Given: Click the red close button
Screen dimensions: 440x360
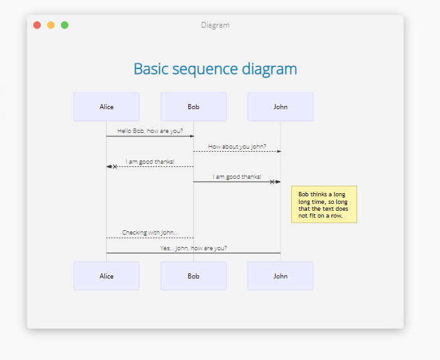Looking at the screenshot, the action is [x=37, y=25].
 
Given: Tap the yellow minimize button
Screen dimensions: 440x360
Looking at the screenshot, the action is [x=51, y=25].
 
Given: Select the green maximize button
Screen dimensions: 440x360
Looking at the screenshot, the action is [x=65, y=25].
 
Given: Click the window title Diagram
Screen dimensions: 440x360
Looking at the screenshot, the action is [x=215, y=25].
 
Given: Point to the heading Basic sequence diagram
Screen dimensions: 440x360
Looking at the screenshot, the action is [x=215, y=69].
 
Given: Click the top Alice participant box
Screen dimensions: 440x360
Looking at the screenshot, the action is [x=106, y=107].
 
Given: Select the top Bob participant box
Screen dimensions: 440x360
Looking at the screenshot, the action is [x=193, y=107].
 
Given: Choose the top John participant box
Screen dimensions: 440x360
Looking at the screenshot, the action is [x=281, y=107].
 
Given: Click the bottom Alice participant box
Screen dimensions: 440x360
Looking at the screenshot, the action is [x=106, y=276].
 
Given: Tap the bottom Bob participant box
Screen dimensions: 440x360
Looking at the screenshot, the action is [x=193, y=276].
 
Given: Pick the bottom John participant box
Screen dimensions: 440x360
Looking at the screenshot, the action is [x=281, y=276].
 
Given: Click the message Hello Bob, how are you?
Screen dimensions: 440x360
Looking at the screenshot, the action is [x=150, y=131].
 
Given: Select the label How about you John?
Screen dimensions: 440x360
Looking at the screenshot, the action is [x=237, y=146].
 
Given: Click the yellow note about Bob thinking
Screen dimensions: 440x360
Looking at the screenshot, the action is [x=324, y=204].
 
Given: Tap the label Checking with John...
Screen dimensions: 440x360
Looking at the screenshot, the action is [x=150, y=233].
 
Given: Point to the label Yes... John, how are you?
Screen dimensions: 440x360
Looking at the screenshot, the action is [x=193, y=248].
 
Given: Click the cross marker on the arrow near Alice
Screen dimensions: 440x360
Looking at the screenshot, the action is [x=115, y=167].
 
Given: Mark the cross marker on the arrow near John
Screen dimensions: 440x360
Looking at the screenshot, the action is [x=272, y=182].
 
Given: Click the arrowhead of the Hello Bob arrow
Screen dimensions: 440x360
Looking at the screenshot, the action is [x=192, y=136].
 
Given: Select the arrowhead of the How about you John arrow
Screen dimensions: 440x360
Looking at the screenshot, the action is [x=279, y=151].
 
